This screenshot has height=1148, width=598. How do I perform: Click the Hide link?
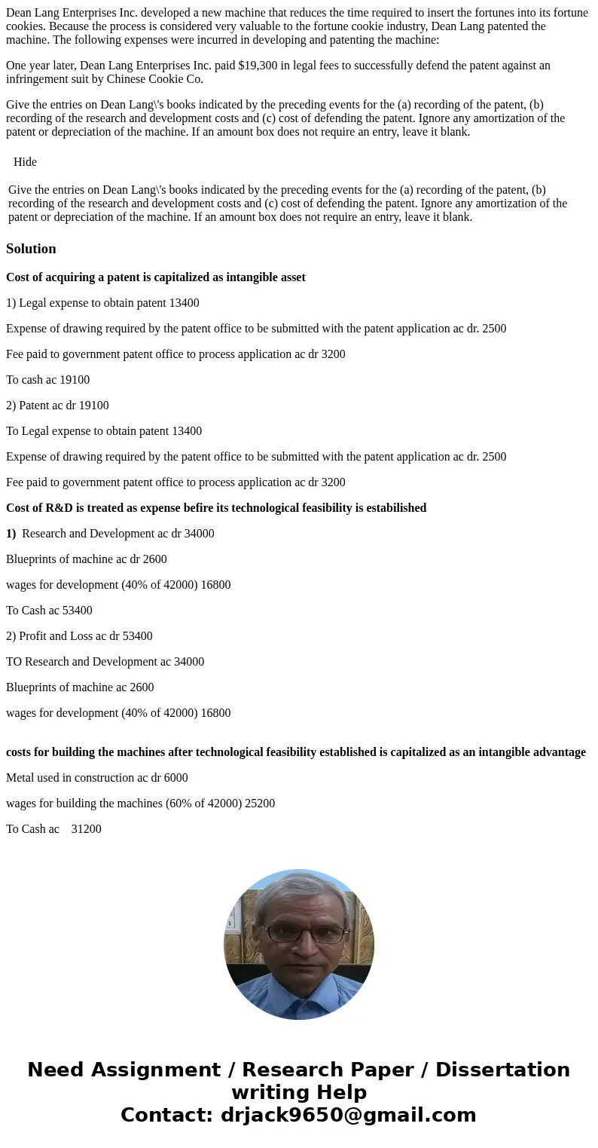[x=25, y=162]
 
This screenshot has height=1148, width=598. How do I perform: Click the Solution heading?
[x=31, y=249]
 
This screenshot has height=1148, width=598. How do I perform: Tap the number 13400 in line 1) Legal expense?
[x=185, y=303]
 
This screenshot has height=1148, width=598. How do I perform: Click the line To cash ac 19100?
[x=47, y=380]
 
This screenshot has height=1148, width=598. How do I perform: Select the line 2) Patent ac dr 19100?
[x=57, y=406]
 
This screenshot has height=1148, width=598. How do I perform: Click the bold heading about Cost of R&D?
[x=216, y=508]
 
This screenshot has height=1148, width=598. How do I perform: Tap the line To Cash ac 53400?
[x=49, y=611]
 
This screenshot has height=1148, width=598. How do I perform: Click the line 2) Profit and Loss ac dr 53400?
[x=79, y=636]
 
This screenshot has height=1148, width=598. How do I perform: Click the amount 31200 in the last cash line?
[x=87, y=829]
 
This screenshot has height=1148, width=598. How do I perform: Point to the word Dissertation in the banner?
[x=502, y=1070]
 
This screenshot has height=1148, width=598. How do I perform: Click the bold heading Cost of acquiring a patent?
[x=156, y=277]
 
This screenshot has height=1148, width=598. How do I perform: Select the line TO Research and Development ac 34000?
[x=105, y=662]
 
